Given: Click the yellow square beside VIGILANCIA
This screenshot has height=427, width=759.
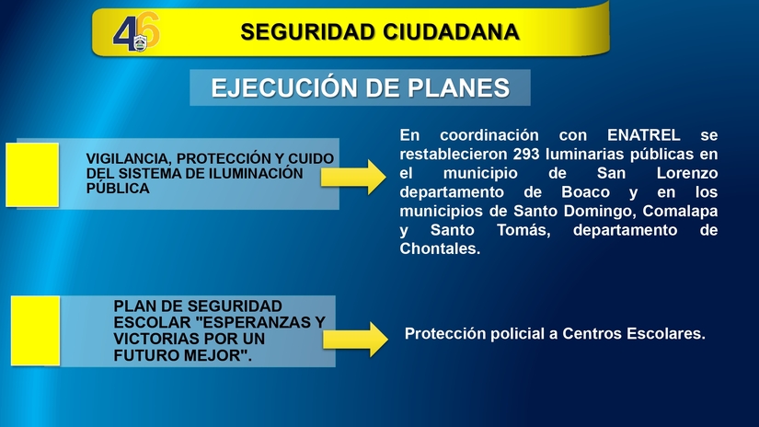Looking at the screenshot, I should (x=32, y=174).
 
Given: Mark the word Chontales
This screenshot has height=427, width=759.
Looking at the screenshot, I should (x=440, y=249).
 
